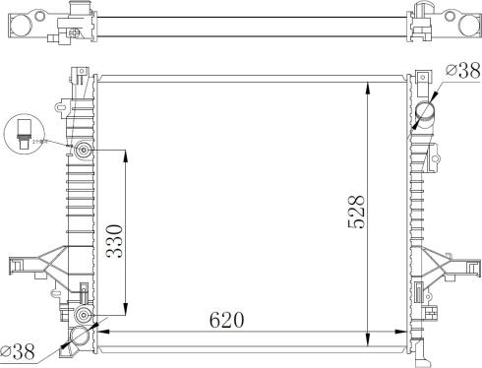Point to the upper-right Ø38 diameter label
tap(462, 70)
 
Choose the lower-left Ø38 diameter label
tap(19, 349)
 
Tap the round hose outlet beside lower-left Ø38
tap(79, 335)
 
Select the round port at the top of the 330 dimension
tap(83, 152)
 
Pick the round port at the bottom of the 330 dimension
tap(83, 315)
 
